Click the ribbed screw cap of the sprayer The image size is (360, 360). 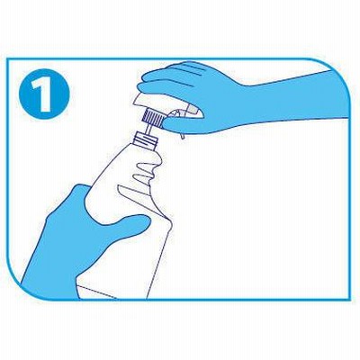coord(152,118)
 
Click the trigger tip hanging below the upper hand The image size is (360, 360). coord(182,136)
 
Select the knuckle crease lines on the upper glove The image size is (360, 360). coord(192,68)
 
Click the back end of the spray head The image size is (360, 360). coord(195,112)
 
